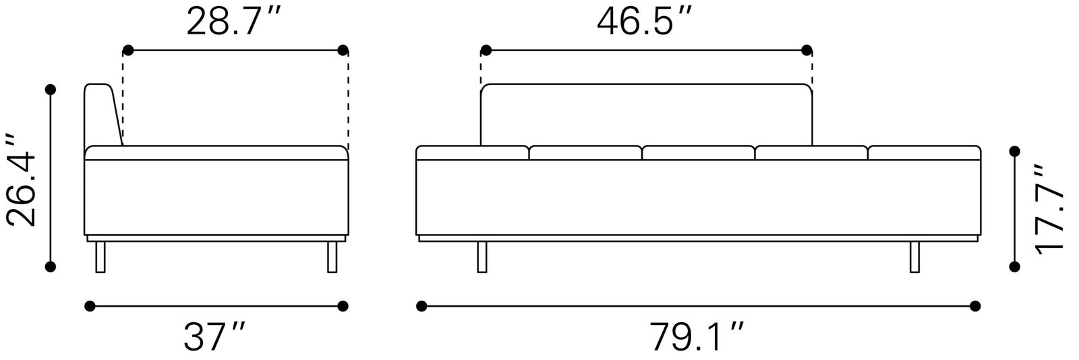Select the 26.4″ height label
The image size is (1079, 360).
[20, 179]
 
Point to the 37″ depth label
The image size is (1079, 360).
[215, 336]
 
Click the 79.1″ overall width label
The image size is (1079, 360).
[697, 336]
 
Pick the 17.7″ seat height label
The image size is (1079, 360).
[1050, 210]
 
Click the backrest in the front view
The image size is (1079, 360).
[645, 115]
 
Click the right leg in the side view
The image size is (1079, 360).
[332, 257]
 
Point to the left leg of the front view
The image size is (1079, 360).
[482, 257]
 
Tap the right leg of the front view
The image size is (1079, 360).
[914, 257]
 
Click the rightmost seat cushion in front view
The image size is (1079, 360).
[924, 153]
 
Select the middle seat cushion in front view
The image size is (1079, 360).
[697, 153]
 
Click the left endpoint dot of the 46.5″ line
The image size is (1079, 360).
[486, 50]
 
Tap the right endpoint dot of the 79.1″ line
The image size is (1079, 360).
[974, 306]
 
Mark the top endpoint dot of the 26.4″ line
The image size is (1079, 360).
[50, 89]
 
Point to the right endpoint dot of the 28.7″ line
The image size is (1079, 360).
[343, 50]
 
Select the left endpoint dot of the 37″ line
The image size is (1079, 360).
[90, 306]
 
